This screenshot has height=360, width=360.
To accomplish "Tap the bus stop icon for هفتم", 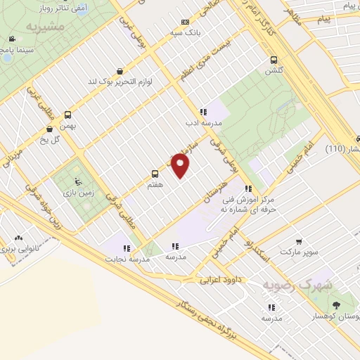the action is tap(155, 173).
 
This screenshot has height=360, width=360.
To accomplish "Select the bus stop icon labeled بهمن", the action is tap(68, 115).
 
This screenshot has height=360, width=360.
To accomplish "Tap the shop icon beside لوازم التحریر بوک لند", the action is tap(120, 71).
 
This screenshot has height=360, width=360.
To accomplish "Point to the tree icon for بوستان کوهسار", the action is tap(336, 305).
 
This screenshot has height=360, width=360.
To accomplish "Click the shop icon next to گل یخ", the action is tap(49, 129).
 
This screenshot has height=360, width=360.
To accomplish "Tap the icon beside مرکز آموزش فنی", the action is tap(247, 188).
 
